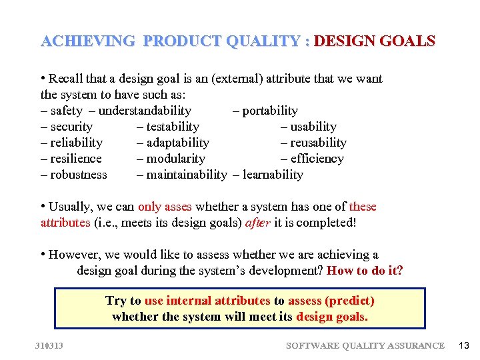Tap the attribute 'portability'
click(270, 111)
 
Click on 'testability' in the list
click(173, 127)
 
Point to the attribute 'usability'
click(313, 127)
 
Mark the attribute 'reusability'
click(318, 143)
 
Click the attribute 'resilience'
click(76, 159)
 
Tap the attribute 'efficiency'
click(317, 159)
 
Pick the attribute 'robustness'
click(79, 175)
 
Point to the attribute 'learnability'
click(273, 175)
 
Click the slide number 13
click(464, 345)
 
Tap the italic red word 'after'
click(258, 223)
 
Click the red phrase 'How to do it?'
click(365, 271)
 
